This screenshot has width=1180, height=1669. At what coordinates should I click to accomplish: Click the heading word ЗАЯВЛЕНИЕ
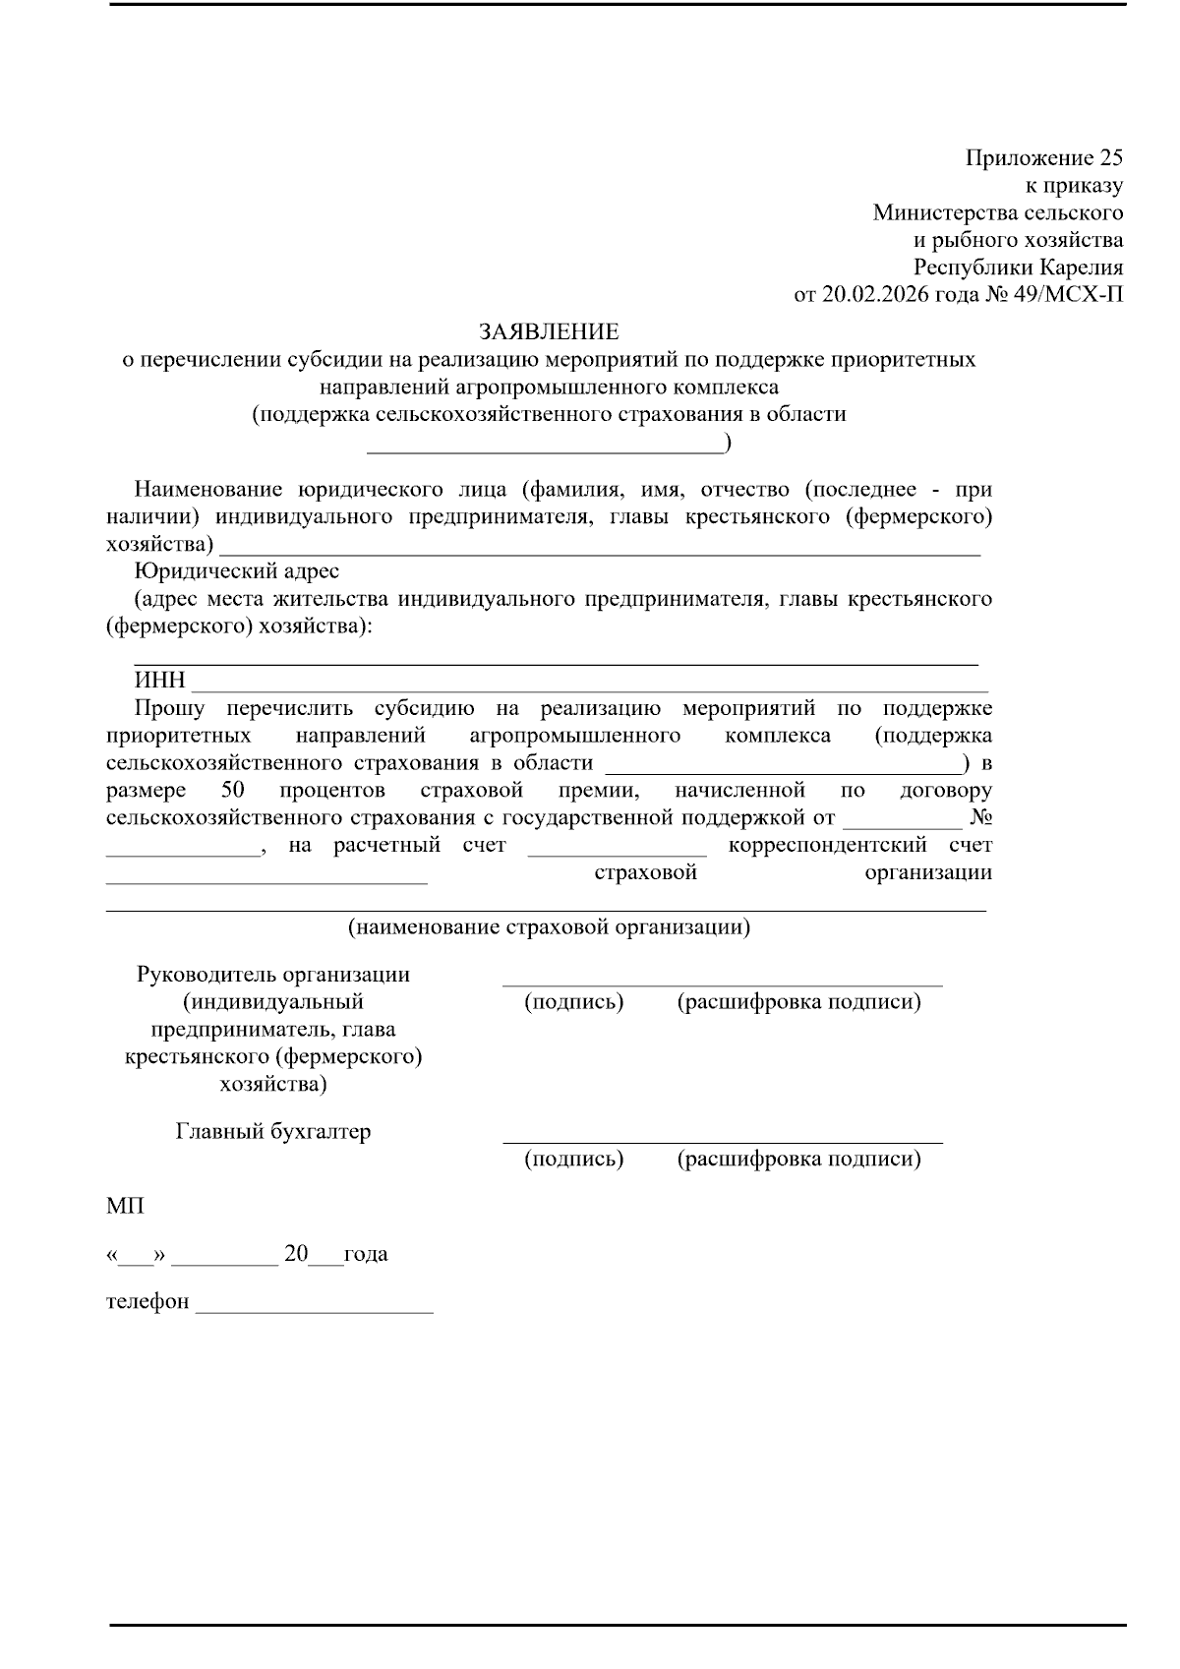(549, 331)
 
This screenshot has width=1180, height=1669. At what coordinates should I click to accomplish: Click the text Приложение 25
(1043, 158)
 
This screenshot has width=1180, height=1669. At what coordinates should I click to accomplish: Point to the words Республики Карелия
(1018, 268)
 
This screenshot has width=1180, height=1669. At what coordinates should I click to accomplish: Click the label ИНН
(159, 682)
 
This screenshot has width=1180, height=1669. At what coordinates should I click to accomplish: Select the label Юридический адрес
(237, 571)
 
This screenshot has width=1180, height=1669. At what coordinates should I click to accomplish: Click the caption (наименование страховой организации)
(549, 926)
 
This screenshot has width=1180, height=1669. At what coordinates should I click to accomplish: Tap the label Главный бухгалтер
(273, 1131)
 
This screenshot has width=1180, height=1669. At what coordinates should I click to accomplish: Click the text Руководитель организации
(273, 975)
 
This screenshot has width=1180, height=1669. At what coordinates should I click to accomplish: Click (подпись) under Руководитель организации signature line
(574, 1002)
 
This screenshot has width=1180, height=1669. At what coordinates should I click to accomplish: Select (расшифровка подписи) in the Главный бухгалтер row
(798, 1159)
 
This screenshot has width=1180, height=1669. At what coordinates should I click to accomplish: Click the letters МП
(125, 1206)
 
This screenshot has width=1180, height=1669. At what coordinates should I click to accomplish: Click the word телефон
(147, 1301)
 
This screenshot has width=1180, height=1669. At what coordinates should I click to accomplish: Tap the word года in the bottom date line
(366, 1254)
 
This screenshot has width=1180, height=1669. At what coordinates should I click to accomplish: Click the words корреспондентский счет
(859, 845)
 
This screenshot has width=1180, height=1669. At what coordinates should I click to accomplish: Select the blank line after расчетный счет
(617, 850)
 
